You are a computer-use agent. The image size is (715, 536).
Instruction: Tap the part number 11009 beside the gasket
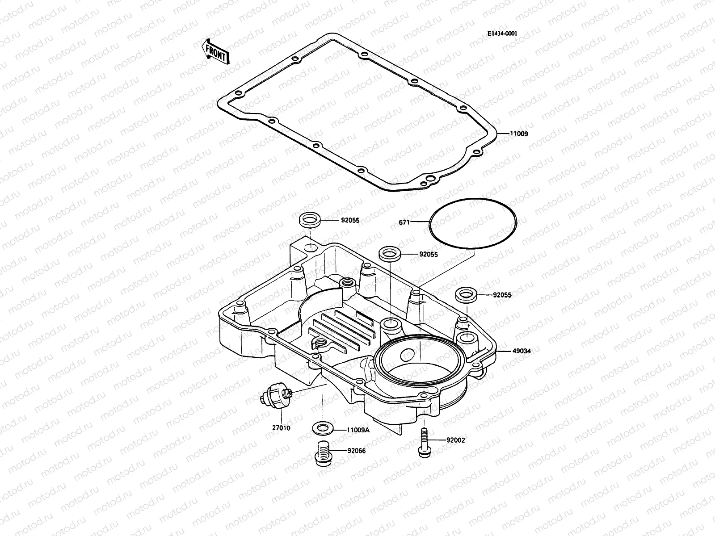coord(518,134)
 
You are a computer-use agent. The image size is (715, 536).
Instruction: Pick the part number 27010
coord(281,428)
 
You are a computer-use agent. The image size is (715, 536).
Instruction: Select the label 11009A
coord(358,430)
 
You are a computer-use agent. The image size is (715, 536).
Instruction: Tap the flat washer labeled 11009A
coord(322,427)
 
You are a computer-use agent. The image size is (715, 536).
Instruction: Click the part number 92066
coord(357,451)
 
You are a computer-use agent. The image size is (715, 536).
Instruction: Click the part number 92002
coord(456,440)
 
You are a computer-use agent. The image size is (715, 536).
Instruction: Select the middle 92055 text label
coord(428,254)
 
